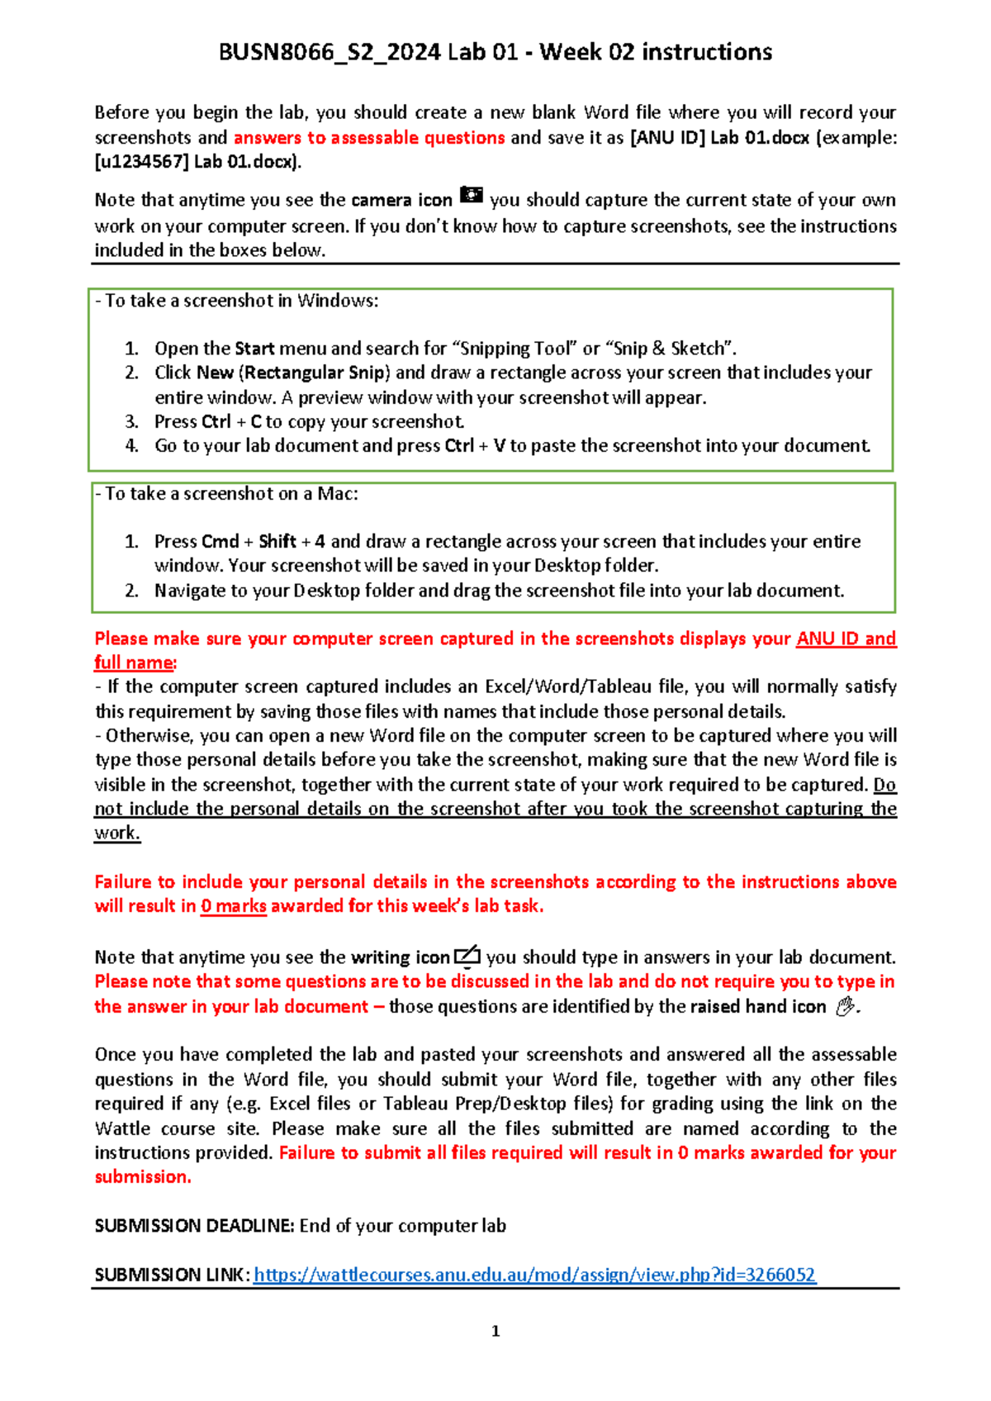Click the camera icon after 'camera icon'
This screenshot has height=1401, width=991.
click(471, 196)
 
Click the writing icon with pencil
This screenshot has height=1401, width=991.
click(467, 956)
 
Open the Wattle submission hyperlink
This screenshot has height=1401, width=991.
click(534, 1275)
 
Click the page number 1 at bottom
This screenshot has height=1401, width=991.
click(495, 1331)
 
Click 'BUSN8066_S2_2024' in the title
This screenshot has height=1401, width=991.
click(329, 52)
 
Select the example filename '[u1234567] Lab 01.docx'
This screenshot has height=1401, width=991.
click(197, 162)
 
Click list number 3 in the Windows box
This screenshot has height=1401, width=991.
click(131, 421)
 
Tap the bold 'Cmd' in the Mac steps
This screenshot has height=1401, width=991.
click(220, 542)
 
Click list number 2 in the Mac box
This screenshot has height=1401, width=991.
click(131, 591)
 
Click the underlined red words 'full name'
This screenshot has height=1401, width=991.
click(134, 663)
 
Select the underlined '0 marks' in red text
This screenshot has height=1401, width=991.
click(234, 906)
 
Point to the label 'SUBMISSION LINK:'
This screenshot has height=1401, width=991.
click(172, 1275)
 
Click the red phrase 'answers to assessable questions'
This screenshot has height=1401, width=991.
click(369, 138)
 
